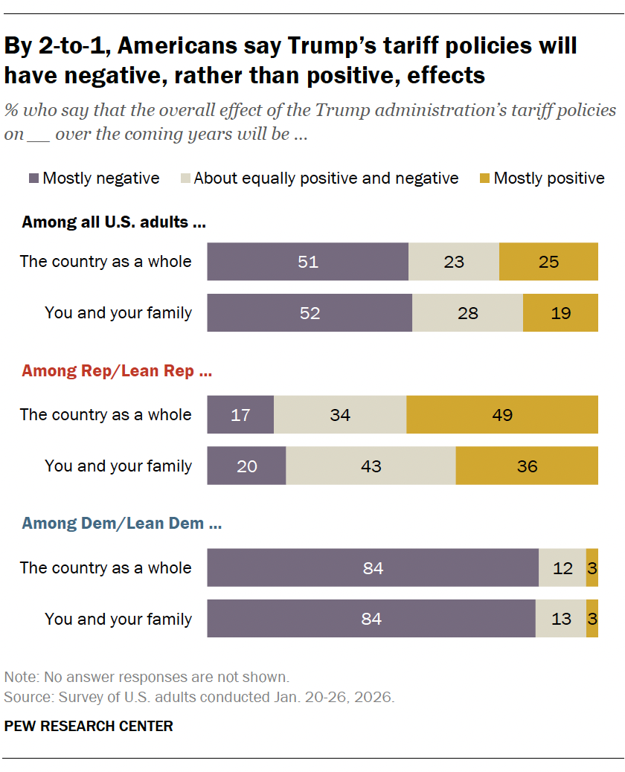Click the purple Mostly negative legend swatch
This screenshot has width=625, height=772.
click(x=33, y=178)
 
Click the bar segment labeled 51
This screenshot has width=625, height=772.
click(x=307, y=262)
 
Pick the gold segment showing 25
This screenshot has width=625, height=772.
click(x=548, y=262)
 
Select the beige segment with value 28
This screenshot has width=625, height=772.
click(x=467, y=313)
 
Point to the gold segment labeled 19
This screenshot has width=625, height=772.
click(x=560, y=313)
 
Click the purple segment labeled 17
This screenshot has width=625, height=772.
click(x=240, y=414)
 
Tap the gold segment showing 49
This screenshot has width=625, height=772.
click(x=502, y=414)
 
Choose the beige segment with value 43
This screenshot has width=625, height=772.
click(x=371, y=466)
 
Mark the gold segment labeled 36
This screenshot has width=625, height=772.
click(x=527, y=466)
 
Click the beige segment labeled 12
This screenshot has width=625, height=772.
click(x=562, y=567)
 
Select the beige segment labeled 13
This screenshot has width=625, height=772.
click(x=561, y=619)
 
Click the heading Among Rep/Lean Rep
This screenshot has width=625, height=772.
click(x=117, y=370)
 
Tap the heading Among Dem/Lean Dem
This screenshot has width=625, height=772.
click(x=121, y=524)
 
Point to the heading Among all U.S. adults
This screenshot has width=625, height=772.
click(x=113, y=222)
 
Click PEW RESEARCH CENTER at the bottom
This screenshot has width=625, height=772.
click(x=89, y=726)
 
